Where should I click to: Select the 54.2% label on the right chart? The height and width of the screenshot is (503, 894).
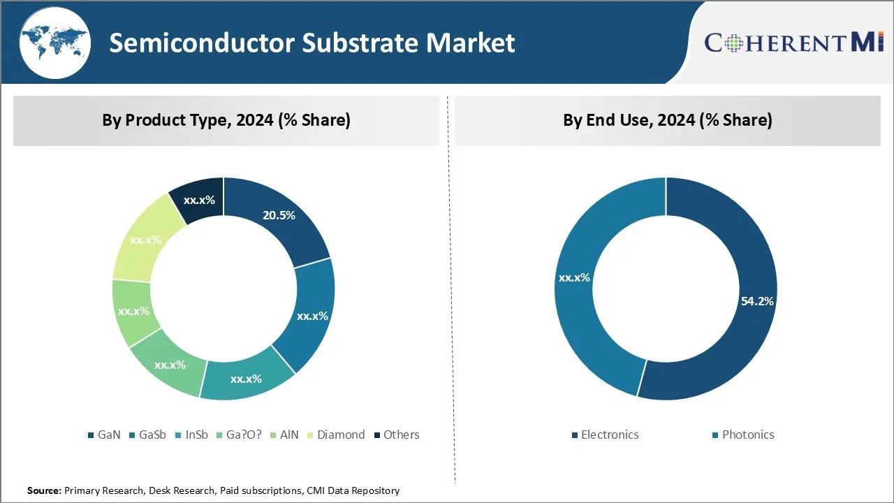tap(757, 301)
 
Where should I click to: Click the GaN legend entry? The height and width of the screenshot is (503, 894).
tap(104, 435)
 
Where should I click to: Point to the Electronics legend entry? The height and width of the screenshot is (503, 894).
tap(604, 435)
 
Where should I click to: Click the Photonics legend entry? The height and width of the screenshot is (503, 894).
tap(742, 435)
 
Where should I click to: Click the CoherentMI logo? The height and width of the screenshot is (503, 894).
tap(794, 42)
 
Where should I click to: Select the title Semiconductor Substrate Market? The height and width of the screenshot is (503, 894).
tap(312, 43)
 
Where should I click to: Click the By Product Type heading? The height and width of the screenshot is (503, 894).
tap(226, 120)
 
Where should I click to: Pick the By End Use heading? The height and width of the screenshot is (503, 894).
tap(668, 120)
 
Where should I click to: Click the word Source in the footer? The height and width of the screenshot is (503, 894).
tap(44, 491)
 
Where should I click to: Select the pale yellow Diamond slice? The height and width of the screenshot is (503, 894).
tap(145, 238)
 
